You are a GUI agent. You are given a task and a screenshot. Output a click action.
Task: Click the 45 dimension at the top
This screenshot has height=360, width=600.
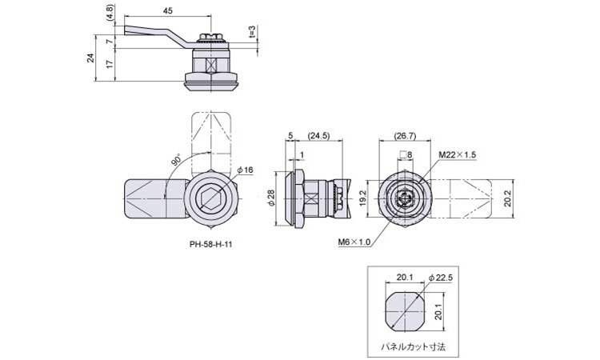click(168, 10)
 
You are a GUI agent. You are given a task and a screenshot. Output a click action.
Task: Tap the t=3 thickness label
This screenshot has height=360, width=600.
click(251, 32)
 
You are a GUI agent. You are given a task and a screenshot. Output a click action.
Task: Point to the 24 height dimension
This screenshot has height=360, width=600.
click(90, 58)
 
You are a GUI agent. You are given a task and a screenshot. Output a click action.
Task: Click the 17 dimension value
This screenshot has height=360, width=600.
click(110, 64)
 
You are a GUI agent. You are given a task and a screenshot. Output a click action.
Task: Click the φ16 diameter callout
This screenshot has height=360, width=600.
click(245, 170)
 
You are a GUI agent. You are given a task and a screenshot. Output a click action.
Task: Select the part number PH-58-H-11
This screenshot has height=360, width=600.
click(210, 244)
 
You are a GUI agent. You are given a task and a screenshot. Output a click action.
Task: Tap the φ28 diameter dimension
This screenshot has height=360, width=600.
click(272, 198)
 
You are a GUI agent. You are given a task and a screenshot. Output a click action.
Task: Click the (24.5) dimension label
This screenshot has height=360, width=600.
click(318, 135)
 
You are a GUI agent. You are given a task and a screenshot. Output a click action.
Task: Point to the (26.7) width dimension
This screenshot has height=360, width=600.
click(405, 135)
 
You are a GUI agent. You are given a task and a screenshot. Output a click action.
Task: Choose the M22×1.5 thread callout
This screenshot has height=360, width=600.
click(457, 154)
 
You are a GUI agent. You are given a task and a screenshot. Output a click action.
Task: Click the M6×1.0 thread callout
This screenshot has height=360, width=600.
click(354, 242)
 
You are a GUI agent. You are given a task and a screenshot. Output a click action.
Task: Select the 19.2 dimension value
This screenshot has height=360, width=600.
click(363, 198)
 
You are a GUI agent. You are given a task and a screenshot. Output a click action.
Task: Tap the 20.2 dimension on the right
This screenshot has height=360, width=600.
click(508, 199)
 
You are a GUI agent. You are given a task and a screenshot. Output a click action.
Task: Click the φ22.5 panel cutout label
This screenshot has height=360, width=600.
click(441, 278)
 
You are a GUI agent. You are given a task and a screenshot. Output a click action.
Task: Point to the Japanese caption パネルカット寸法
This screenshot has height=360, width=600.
click(413, 347)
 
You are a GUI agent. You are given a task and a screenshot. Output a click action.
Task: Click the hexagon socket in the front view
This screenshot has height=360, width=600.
click(211, 198)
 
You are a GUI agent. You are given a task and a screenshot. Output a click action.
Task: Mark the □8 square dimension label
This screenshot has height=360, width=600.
click(406, 155)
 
